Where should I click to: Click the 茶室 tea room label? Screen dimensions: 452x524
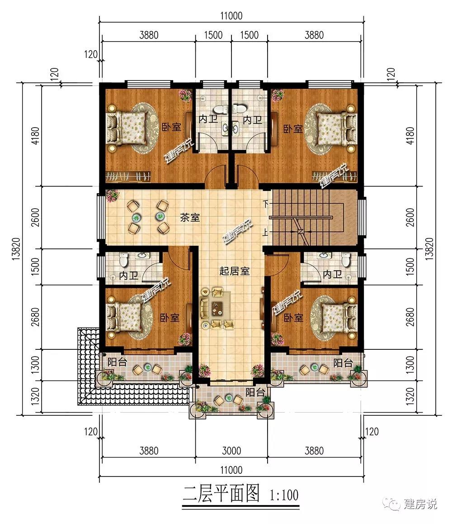(189, 218)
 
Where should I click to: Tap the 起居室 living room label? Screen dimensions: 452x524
(234, 271)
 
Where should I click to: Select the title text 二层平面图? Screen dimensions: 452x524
(221, 494)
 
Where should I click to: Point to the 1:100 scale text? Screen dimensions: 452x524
(284, 495)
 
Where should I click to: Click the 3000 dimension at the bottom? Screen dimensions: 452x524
(231, 451)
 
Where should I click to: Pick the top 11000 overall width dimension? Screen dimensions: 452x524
(231, 16)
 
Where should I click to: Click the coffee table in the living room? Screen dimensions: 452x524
(217, 307)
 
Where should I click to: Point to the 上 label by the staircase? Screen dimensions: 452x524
(265, 232)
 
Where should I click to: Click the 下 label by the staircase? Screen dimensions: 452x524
(266, 203)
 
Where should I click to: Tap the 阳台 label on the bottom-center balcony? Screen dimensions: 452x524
(255, 392)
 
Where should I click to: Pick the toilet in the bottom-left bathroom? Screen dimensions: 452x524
(123, 260)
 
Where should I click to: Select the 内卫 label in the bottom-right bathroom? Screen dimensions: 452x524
(333, 274)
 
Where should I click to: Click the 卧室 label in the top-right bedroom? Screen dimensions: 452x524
(293, 129)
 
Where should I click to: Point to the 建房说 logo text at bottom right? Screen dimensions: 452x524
(420, 504)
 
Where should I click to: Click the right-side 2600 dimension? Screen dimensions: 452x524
(410, 217)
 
